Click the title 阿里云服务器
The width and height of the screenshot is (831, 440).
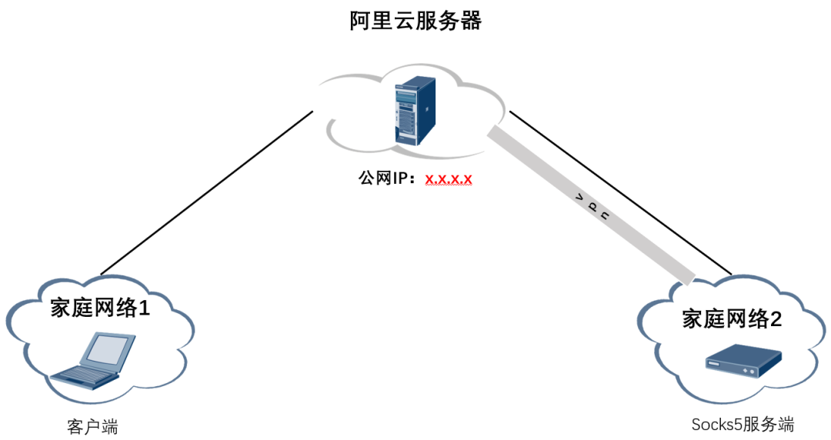[x=415, y=21]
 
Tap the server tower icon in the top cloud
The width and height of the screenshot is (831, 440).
[x=405, y=113]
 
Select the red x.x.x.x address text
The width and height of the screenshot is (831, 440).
[x=449, y=179]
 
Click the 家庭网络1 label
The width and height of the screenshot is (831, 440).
[x=99, y=308]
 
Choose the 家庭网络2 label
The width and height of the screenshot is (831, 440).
[x=732, y=319]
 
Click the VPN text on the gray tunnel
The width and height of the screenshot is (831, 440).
[x=592, y=208]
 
